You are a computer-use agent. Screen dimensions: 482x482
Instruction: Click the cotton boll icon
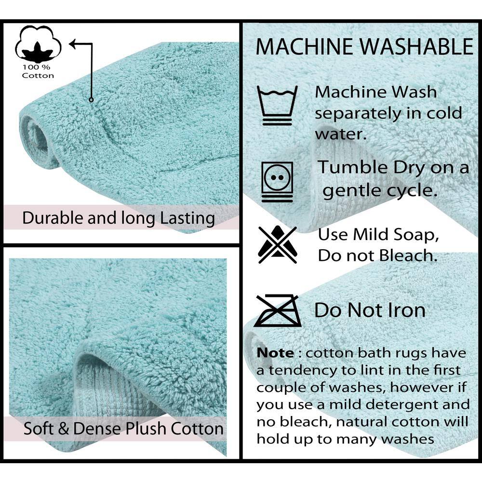pyautogui.click(x=38, y=44)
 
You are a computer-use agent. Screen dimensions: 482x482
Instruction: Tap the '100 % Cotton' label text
pyautogui.click(x=38, y=71)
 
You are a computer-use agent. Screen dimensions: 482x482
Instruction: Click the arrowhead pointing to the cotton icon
pyautogui.click(x=73, y=44)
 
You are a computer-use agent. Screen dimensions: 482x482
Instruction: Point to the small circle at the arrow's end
pyautogui.click(x=91, y=100)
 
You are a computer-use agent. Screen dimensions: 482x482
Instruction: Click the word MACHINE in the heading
pyautogui.click(x=304, y=47)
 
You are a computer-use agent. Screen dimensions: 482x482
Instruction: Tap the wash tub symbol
pyautogui.click(x=277, y=105)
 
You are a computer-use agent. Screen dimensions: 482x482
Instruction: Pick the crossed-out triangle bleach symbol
pyautogui.click(x=278, y=244)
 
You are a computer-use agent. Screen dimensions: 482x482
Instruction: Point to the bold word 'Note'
pyautogui.click(x=275, y=353)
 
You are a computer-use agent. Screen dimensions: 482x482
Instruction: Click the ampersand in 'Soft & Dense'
pyautogui.click(x=64, y=429)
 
